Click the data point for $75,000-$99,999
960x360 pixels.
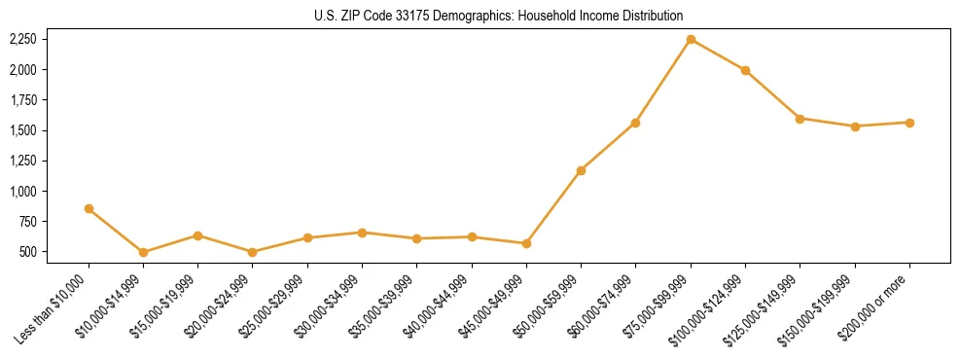pyautogui.click(x=691, y=39)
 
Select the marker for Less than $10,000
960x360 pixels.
pyautogui.click(x=89, y=208)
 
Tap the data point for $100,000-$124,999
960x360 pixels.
pyautogui.click(x=745, y=70)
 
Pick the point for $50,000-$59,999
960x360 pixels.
pyautogui.click(x=581, y=170)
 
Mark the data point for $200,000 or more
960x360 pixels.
pyautogui.click(x=909, y=123)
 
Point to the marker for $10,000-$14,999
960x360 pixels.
pyautogui.click(x=143, y=252)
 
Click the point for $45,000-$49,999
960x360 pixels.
pyautogui.click(x=526, y=243)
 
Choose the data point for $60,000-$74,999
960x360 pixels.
pyautogui.click(x=635, y=123)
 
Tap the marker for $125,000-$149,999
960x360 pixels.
pyautogui.click(x=800, y=119)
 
